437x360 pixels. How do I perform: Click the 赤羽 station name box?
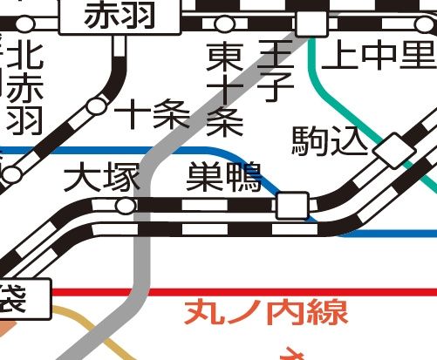tap(119, 16)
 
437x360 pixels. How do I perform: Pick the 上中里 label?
tap(377, 58)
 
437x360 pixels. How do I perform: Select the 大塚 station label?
tap(102, 180)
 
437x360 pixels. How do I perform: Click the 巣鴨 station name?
tap(223, 179)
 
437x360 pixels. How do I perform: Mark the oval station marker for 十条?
tap(97, 107)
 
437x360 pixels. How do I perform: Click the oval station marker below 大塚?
tap(126, 206)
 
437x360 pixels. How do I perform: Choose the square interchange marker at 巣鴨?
tap(291, 207)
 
